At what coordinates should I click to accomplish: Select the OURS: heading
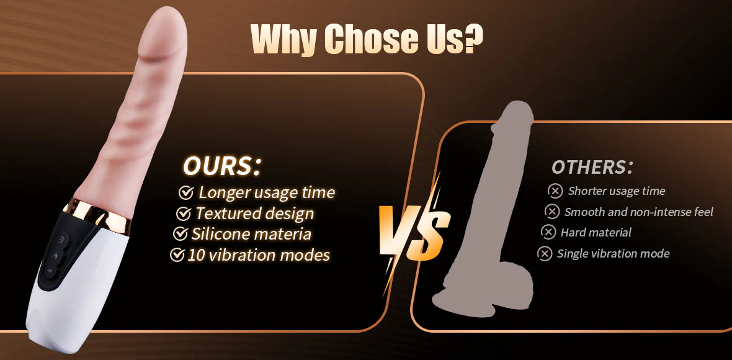(221, 167)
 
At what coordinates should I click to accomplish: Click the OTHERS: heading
(592, 168)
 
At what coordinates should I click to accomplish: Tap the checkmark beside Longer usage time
(186, 192)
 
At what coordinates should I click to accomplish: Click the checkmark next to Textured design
(183, 214)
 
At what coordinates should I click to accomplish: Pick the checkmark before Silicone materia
(180, 233)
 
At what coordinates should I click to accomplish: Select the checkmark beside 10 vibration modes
(176, 254)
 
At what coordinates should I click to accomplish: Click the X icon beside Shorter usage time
(555, 191)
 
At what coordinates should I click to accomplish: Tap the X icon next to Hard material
(548, 232)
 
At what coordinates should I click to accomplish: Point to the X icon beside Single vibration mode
(544, 253)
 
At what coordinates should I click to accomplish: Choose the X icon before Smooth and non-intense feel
(552, 212)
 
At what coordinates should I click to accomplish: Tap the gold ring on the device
(97, 212)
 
